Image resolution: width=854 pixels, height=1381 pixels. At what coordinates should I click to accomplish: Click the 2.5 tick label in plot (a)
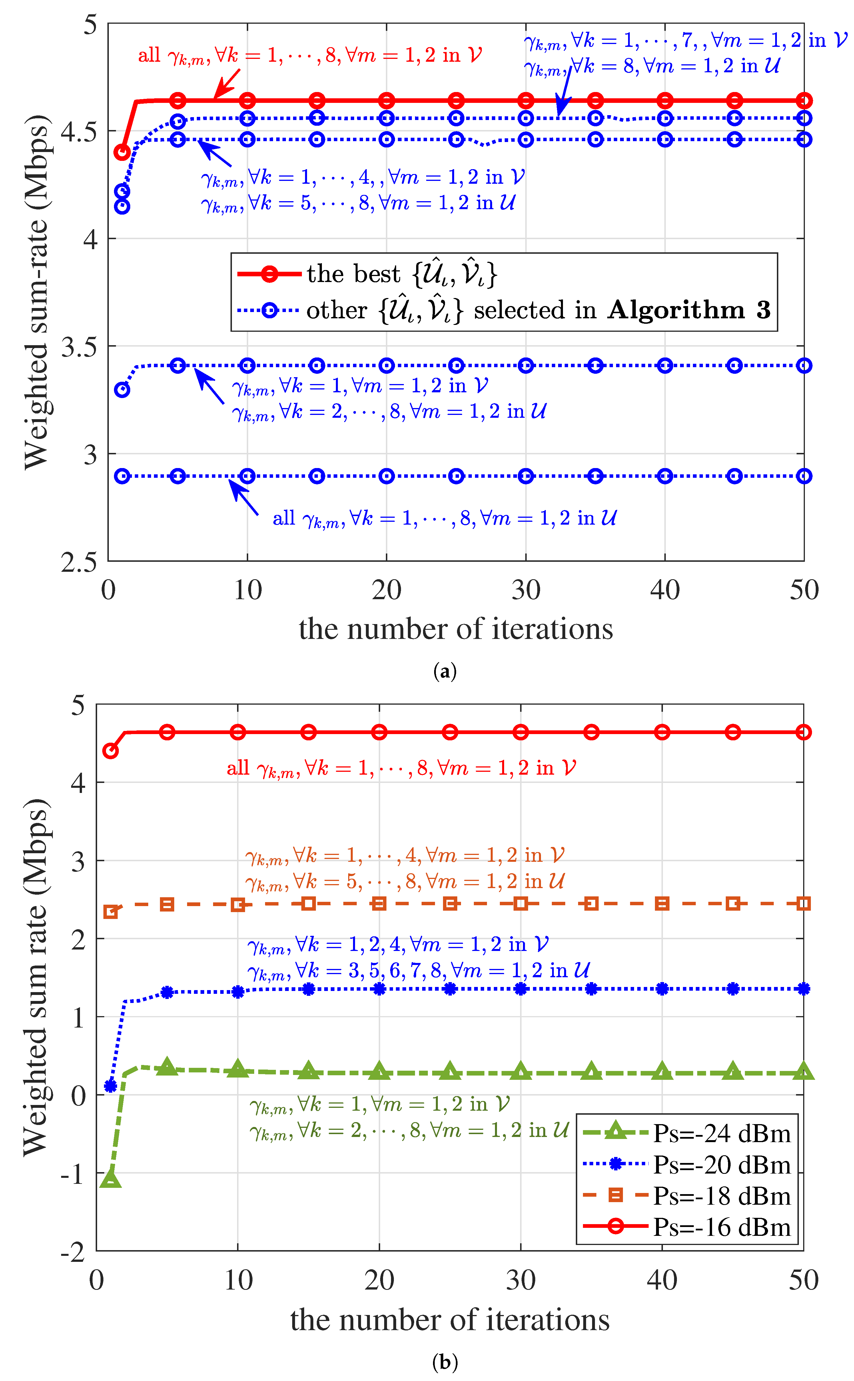79,562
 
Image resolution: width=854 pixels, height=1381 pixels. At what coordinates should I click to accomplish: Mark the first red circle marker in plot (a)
122,152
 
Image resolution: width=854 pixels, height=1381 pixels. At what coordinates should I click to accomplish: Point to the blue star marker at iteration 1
111,1086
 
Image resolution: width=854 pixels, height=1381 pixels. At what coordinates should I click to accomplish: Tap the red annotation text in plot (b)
401,768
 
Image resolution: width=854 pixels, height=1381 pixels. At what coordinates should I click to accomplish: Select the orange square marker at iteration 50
803,904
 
